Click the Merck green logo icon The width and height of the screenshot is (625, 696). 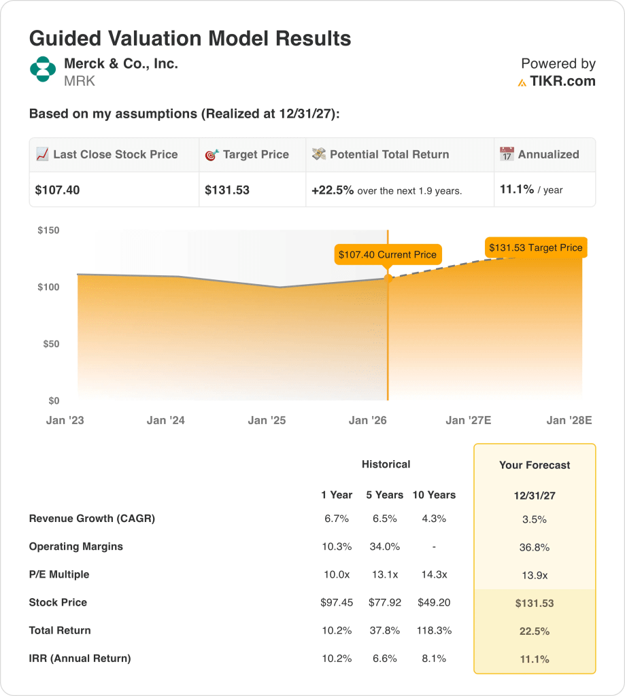click(42, 69)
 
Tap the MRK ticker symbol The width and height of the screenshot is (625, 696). click(80, 82)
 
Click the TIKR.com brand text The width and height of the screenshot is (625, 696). click(562, 82)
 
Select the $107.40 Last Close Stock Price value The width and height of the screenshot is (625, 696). click(58, 190)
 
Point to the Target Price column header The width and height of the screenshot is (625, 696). click(256, 154)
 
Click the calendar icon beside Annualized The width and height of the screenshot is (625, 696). click(507, 154)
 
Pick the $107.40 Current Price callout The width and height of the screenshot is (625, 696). click(388, 254)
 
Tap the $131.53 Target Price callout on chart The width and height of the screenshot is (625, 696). click(536, 247)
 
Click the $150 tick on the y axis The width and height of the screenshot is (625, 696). click(48, 230)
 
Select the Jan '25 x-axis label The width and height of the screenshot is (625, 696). click(267, 421)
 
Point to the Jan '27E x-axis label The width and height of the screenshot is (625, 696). click(469, 421)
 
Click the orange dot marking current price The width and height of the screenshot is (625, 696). click(388, 277)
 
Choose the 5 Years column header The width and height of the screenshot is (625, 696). click(385, 495)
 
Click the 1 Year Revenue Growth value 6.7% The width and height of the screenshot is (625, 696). click(337, 519)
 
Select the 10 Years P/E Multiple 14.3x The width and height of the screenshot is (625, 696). click(434, 574)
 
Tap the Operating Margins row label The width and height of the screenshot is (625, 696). click(76, 546)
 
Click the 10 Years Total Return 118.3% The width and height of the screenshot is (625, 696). click(434, 630)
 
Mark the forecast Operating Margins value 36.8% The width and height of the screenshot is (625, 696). click(535, 547)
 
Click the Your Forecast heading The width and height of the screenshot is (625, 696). click(535, 466)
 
